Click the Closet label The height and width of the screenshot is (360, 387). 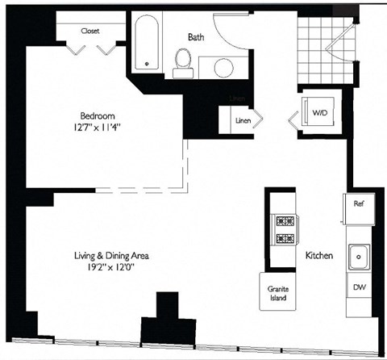89,31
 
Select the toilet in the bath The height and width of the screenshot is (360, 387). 182,61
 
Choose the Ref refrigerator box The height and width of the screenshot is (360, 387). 359,204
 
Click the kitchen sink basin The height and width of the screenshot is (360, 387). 358,258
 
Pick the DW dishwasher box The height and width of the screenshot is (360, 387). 358,287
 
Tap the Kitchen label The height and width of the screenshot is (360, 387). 318,256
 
